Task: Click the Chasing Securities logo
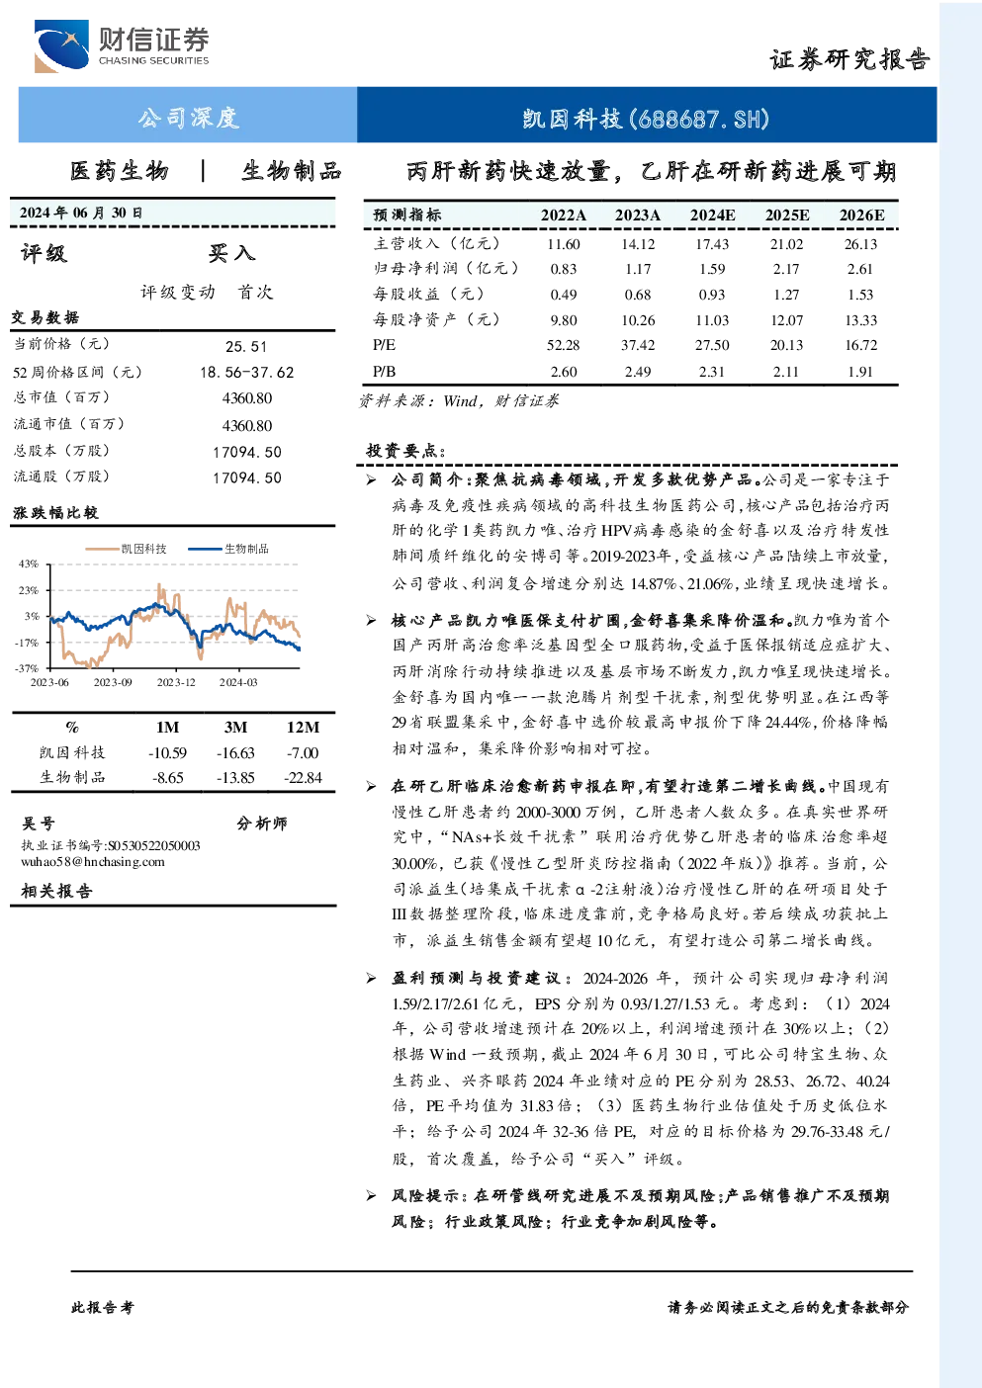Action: (122, 45)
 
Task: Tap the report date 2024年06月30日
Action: (81, 213)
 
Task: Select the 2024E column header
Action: (712, 215)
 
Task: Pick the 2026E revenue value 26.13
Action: (860, 244)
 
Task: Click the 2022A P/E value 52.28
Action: (563, 345)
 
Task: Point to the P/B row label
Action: (384, 371)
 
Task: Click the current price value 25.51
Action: (246, 346)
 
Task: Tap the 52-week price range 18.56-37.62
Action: (247, 373)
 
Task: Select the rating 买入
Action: (231, 253)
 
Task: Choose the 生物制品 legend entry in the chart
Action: (228, 549)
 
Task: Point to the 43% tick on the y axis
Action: (29, 564)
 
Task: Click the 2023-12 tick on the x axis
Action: (176, 682)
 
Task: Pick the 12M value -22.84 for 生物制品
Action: (304, 778)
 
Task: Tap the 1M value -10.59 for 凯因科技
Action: (167, 753)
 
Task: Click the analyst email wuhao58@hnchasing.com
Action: (93, 861)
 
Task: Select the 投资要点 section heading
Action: (406, 451)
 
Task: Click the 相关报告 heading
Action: (57, 891)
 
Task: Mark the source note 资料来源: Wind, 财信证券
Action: (459, 401)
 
